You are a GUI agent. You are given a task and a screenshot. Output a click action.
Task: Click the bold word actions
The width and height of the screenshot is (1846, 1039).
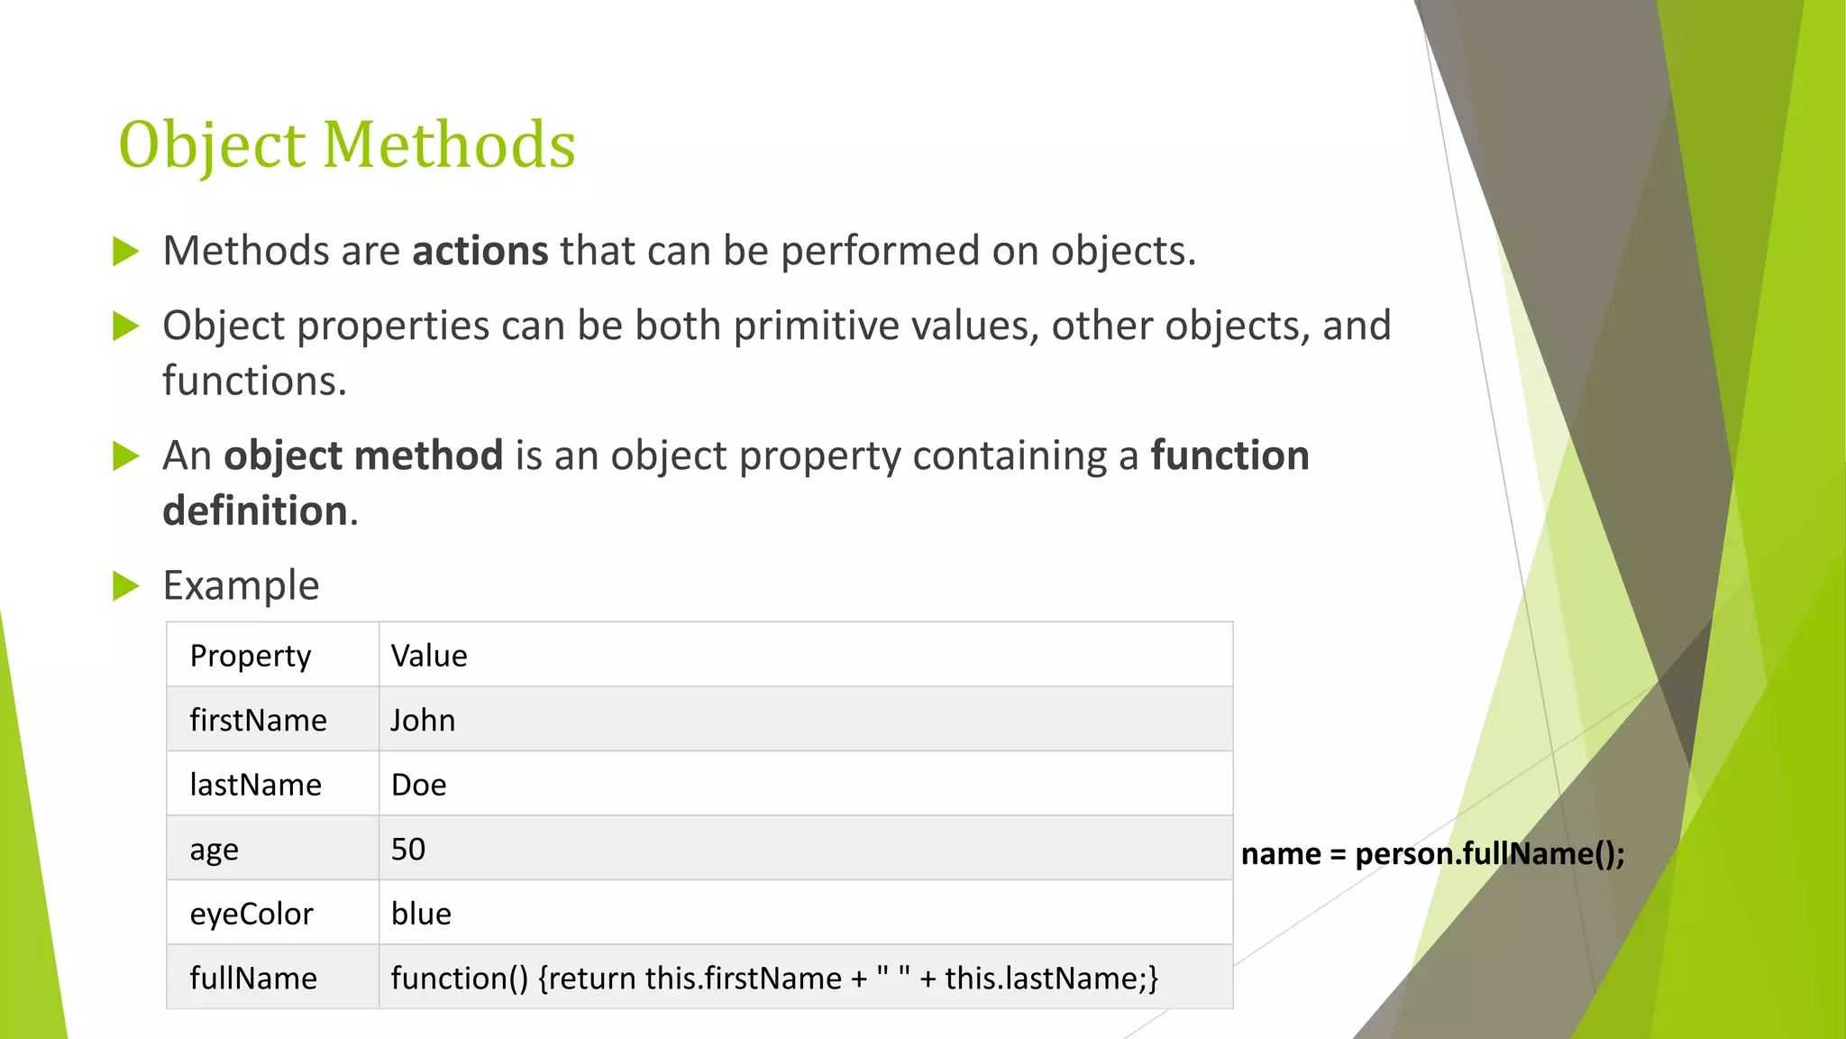click(x=480, y=251)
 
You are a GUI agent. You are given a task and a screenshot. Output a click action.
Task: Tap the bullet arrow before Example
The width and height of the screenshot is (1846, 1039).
click(x=125, y=586)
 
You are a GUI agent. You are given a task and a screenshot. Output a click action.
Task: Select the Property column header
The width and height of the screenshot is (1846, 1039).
click(x=251, y=656)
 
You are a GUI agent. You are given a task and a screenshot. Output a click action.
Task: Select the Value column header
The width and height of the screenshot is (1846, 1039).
click(x=429, y=656)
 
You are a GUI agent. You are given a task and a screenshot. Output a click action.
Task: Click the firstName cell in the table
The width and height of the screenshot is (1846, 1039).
click(x=258, y=720)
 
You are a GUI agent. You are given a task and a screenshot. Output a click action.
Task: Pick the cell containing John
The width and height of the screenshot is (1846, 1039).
click(x=423, y=720)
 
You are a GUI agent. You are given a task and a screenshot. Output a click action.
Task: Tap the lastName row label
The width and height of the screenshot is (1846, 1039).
click(x=255, y=785)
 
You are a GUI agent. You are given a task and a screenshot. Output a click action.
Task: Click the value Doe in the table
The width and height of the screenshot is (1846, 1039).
click(x=418, y=785)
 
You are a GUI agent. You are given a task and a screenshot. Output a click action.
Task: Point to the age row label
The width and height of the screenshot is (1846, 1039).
click(x=214, y=850)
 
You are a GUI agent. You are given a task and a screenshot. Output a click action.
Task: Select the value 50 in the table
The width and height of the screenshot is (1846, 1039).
click(x=407, y=850)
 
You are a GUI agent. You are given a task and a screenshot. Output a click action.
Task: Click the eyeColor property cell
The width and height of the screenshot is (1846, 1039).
click(x=251, y=914)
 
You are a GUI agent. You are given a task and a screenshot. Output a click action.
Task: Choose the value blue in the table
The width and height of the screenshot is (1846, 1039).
click(x=421, y=914)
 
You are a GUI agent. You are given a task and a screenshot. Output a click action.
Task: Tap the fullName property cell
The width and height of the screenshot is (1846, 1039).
click(x=253, y=979)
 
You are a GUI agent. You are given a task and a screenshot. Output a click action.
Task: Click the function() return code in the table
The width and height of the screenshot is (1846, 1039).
click(x=774, y=979)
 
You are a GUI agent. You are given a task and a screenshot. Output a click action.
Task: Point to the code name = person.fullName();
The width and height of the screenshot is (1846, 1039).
click(x=1432, y=853)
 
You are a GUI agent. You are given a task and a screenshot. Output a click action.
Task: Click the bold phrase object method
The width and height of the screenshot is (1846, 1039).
click(x=363, y=455)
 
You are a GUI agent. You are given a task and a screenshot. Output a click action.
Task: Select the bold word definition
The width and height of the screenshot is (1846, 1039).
click(x=255, y=511)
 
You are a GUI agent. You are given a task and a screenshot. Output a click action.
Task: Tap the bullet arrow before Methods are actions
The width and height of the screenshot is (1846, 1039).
click(x=125, y=252)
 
